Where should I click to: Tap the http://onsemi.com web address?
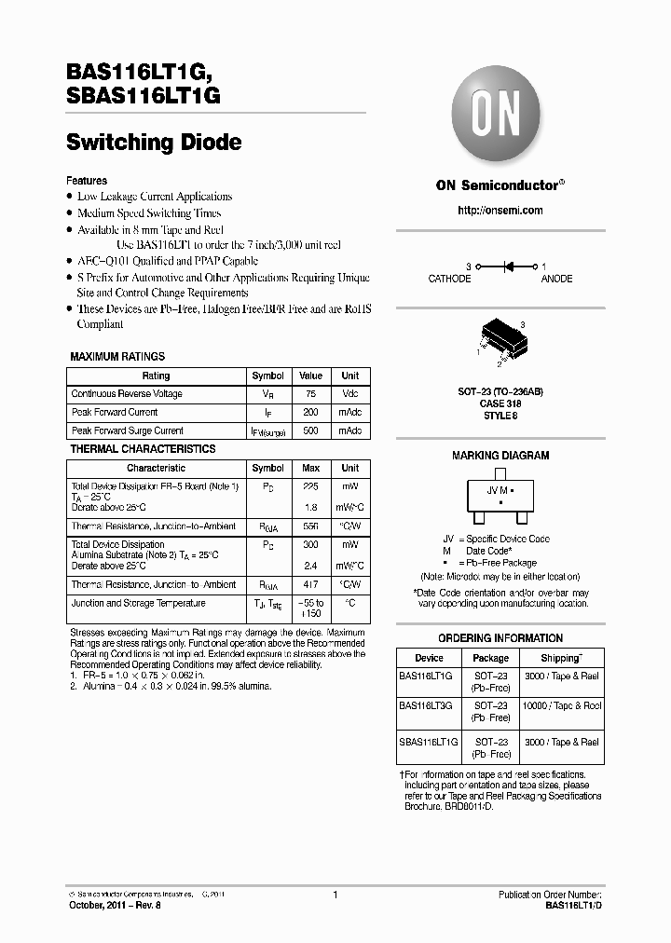point(500,211)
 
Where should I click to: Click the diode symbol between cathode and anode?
point(508,266)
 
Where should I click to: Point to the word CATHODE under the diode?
point(450,279)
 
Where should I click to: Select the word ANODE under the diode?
point(557,279)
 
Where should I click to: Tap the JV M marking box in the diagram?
point(500,495)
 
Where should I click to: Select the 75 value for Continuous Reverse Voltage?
point(310,394)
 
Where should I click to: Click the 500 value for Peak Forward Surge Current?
point(310,431)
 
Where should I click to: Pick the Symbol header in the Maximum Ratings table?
point(268,376)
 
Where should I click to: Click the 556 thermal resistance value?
point(310,526)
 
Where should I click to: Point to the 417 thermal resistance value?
point(310,585)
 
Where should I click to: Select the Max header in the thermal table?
point(310,468)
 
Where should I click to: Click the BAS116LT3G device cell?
point(425,706)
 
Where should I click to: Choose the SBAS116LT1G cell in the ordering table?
point(428,742)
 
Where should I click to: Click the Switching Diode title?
point(154,143)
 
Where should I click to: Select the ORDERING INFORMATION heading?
point(500,638)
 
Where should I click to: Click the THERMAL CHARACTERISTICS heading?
point(143,449)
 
